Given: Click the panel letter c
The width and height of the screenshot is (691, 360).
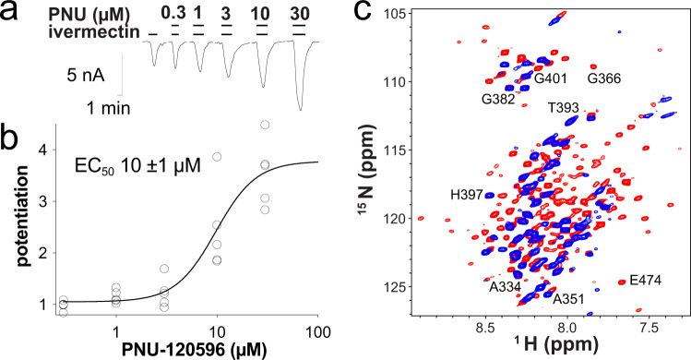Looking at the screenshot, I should click(365, 14).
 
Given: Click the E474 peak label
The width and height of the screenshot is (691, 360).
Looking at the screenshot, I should click(647, 280).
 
